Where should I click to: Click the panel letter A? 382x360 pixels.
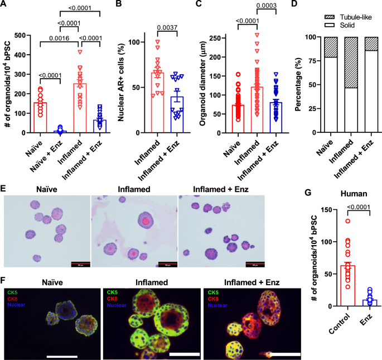point(5,6)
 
